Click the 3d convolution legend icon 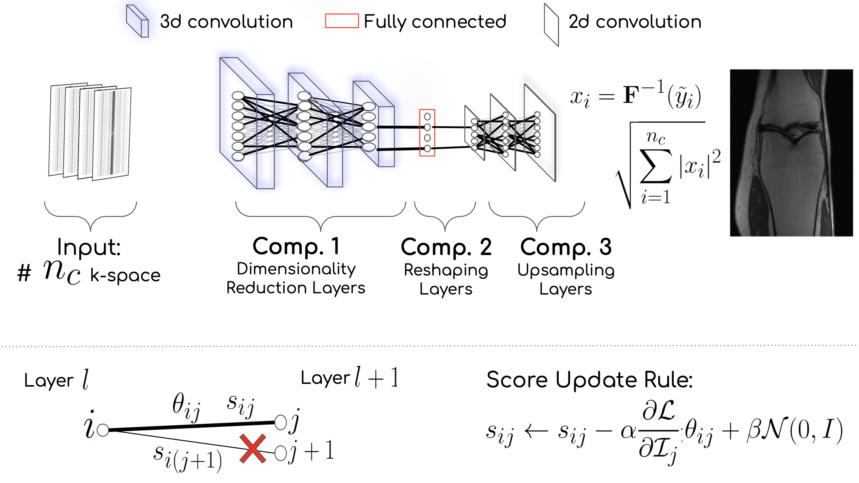[x=138, y=21]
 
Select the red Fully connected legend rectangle [x=342, y=21]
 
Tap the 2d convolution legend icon [x=551, y=25]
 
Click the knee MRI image [x=791, y=152]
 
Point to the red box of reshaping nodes [x=427, y=133]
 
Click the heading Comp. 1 [x=296, y=246]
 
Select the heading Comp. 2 [x=446, y=247]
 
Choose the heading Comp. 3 [x=566, y=247]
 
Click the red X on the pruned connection [x=253, y=449]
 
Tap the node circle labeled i [x=103, y=430]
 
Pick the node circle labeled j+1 [x=281, y=452]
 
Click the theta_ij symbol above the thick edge [x=186, y=407]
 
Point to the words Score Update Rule [x=589, y=380]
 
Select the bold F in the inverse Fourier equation [x=631, y=95]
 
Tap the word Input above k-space [x=89, y=247]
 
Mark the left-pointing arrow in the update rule [x=536, y=431]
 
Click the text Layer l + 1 [x=349, y=378]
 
